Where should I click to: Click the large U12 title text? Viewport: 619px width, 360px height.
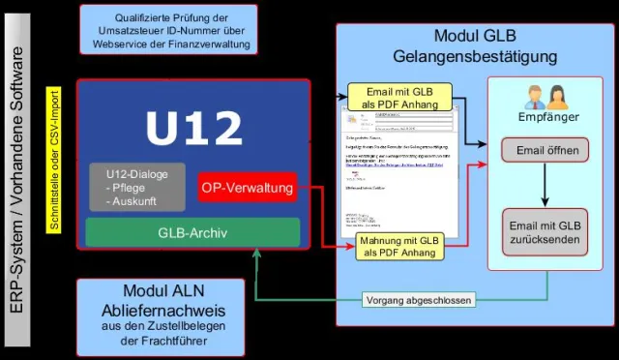[193, 128]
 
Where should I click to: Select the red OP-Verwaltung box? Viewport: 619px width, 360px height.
[247, 188]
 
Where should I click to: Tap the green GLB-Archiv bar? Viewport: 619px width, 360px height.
[192, 232]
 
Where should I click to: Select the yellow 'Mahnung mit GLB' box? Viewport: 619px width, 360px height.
[399, 247]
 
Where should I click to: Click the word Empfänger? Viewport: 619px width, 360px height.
[548, 117]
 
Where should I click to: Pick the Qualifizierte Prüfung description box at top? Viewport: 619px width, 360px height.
[170, 28]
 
